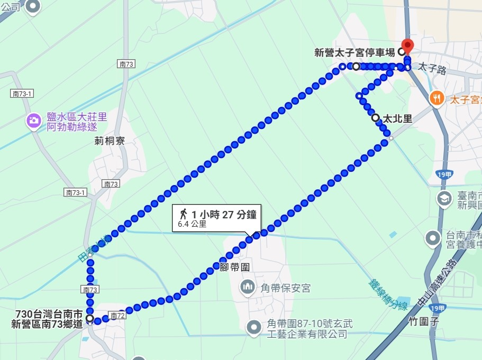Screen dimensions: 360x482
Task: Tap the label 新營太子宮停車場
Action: click(x=355, y=52)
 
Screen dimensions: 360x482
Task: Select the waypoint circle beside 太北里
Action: click(x=375, y=117)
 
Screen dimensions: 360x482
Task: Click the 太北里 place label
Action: click(x=397, y=118)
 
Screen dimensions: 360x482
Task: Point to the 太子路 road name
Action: click(x=432, y=68)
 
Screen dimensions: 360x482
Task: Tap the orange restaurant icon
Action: click(x=436, y=97)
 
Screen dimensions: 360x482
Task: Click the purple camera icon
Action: click(x=34, y=121)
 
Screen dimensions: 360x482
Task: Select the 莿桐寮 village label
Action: click(x=109, y=141)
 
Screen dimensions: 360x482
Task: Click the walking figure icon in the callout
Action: click(x=184, y=214)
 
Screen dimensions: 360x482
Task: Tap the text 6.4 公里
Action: click(x=192, y=224)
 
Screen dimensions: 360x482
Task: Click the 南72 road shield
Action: click(x=117, y=316)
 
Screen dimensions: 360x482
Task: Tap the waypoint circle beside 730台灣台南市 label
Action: click(x=90, y=318)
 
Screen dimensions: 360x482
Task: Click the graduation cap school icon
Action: click(x=443, y=199)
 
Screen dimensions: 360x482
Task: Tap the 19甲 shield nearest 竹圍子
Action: click(x=438, y=308)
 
